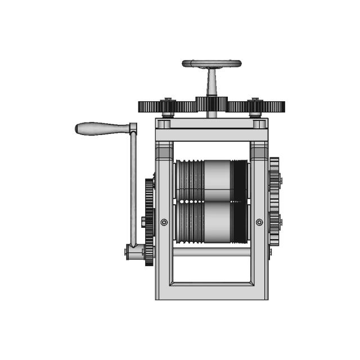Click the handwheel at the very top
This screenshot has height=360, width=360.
click(211, 64)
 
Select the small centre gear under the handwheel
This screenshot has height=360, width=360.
click(211, 104)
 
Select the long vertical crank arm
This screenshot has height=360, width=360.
click(133, 186)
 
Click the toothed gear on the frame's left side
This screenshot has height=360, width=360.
click(149, 222)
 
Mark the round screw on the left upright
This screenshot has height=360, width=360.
click(164, 222)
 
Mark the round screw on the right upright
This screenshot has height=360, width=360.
click(259, 222)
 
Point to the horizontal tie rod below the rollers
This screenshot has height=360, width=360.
click(211, 253)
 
